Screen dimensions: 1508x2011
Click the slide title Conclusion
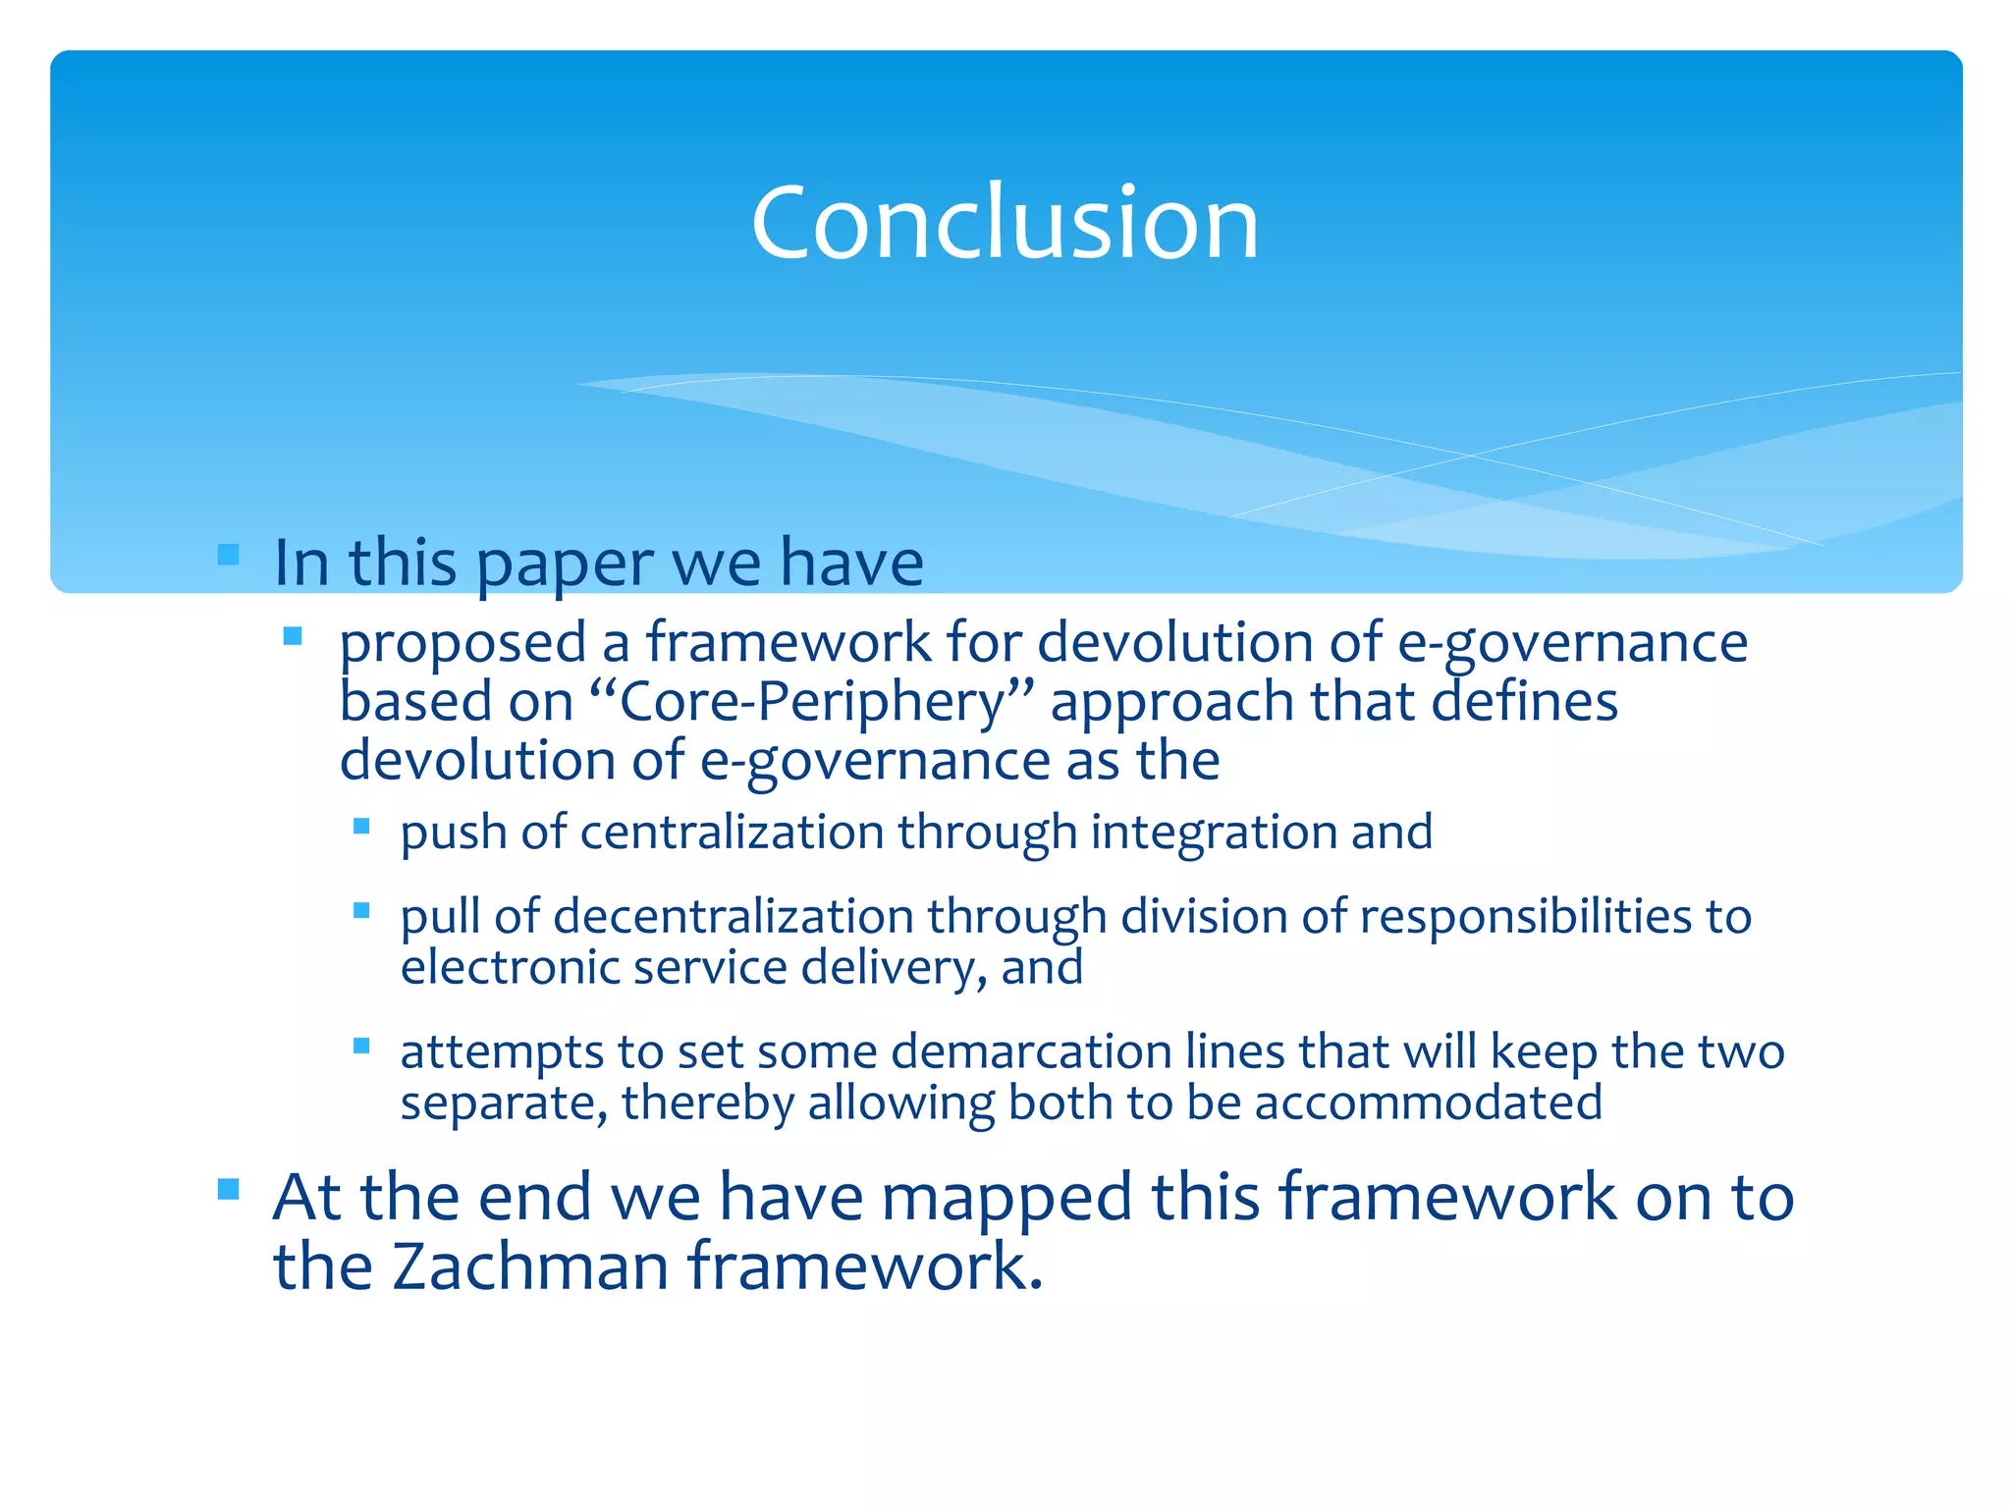(x=1005, y=223)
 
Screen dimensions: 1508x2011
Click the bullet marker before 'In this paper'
(x=229, y=555)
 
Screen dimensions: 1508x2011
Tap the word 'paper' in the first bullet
(x=564, y=565)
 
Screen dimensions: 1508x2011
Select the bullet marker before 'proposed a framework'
(x=292, y=636)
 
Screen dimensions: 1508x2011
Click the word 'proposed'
(x=462, y=645)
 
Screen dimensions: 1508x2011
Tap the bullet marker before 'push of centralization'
(x=361, y=827)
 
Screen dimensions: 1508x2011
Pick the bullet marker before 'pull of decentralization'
(x=361, y=910)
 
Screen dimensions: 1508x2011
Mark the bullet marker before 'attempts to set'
(x=361, y=1046)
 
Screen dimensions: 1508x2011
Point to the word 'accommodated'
(x=1429, y=1103)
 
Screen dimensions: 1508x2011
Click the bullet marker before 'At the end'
(x=229, y=1190)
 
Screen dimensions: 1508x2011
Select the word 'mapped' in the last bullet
(x=1007, y=1199)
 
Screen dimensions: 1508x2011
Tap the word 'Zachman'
(x=530, y=1266)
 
